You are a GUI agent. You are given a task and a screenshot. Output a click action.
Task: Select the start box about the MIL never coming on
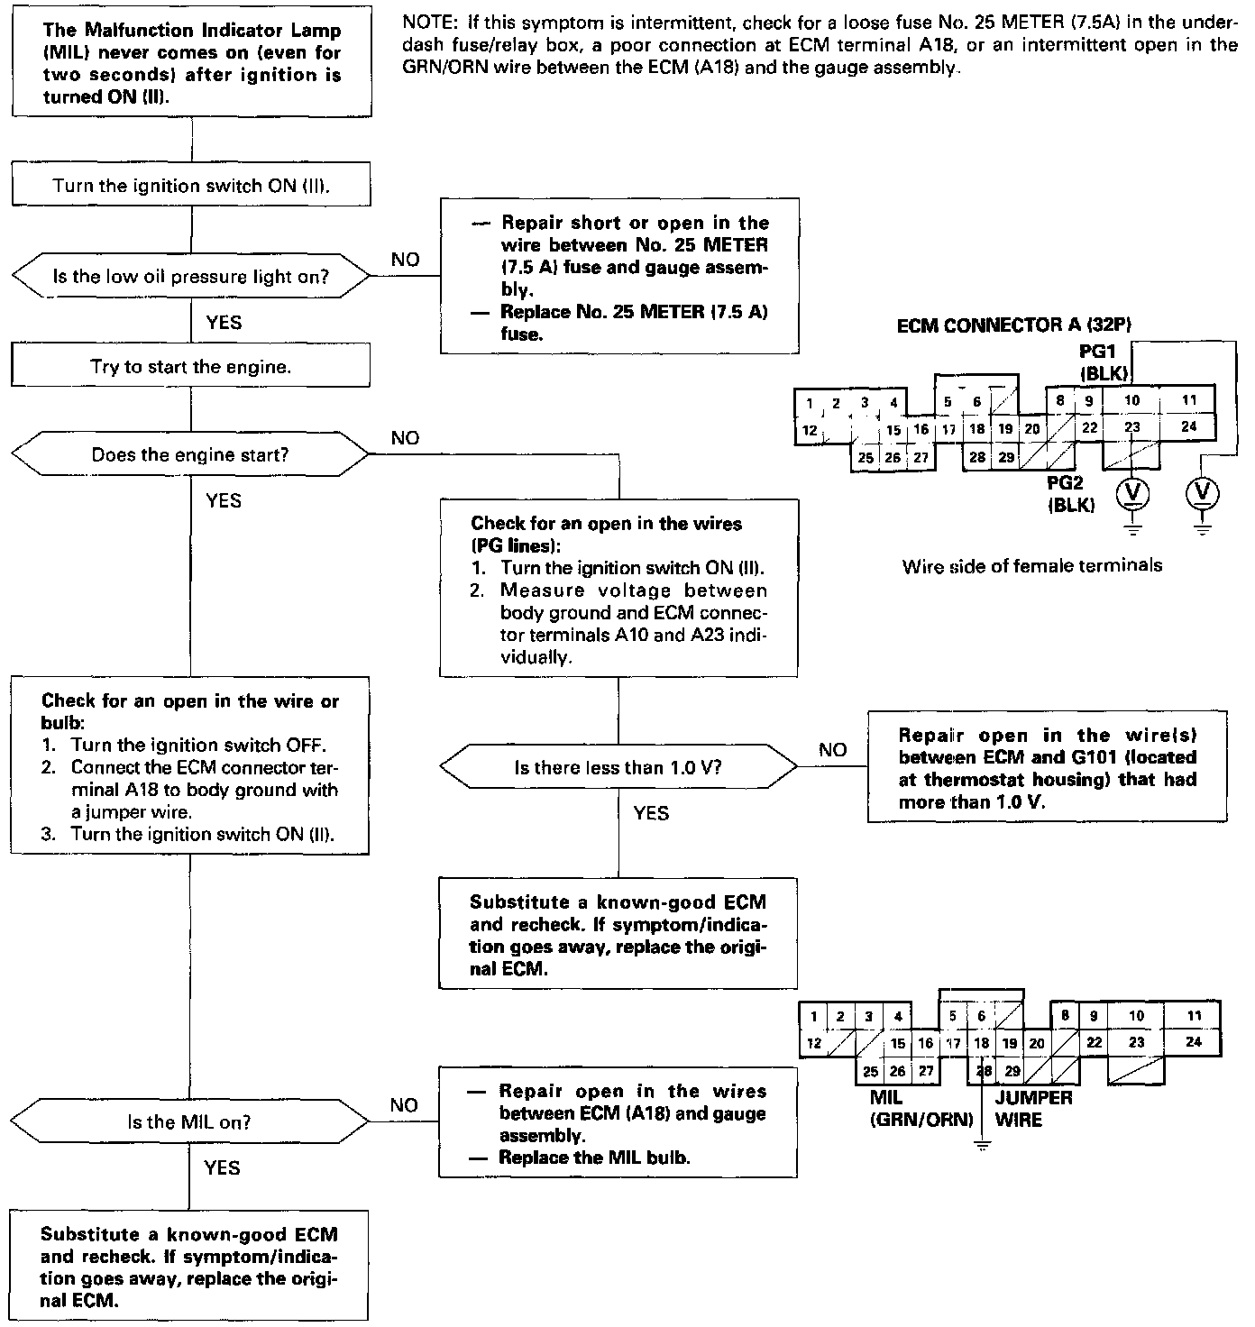point(191,63)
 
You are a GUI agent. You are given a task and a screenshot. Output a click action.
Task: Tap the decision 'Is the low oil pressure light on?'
point(190,277)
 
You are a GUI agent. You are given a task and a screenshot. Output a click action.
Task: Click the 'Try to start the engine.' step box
point(190,367)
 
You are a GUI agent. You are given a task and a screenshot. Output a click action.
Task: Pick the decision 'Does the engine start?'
point(190,455)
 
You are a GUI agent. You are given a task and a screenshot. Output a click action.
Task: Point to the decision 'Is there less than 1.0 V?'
point(618,768)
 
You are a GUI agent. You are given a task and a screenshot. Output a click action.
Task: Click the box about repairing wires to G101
point(1047,767)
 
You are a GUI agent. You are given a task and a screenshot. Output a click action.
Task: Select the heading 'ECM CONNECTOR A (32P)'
point(1014,325)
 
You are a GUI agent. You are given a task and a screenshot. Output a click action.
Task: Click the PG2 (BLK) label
point(1071,494)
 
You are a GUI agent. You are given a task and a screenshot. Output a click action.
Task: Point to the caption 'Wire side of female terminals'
point(1032,566)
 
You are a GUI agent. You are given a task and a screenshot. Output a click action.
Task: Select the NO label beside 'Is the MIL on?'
point(405,1105)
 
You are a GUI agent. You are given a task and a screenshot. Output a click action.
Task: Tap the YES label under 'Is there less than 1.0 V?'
point(651,813)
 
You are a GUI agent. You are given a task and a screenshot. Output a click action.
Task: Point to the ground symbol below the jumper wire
point(982,1147)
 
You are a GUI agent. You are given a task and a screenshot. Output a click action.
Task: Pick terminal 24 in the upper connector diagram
point(1189,426)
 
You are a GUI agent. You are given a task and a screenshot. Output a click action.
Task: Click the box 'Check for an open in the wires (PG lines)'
point(618,589)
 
